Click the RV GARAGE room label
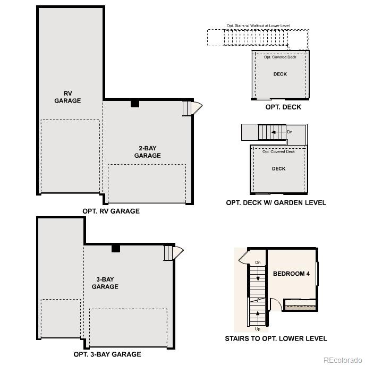click(68, 97)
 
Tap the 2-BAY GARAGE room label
click(147, 152)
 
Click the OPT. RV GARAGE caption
click(111, 211)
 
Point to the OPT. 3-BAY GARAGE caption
click(107, 354)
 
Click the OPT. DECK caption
click(283, 107)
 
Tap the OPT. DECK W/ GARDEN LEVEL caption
click(276, 202)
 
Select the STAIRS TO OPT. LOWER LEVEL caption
click(276, 338)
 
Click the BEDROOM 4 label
click(291, 274)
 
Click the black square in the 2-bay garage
click(135, 104)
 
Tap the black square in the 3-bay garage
click(116, 248)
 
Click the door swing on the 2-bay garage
click(196, 108)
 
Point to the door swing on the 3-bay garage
click(178, 252)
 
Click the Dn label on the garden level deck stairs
click(290, 131)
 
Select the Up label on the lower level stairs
click(258, 329)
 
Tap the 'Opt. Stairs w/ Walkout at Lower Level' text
click(258, 26)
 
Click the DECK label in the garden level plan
click(279, 168)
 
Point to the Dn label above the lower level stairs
click(258, 262)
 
